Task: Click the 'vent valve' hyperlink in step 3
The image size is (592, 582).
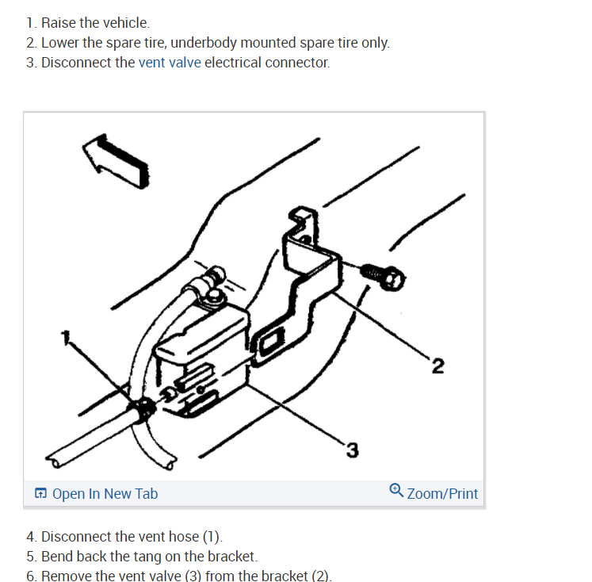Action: click(170, 62)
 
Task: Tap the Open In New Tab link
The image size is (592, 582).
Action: click(105, 494)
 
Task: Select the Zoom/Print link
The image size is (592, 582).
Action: click(442, 494)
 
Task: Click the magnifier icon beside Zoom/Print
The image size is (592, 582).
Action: click(397, 492)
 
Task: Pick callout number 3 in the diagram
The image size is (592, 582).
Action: click(352, 451)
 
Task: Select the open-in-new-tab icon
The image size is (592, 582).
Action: click(41, 494)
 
